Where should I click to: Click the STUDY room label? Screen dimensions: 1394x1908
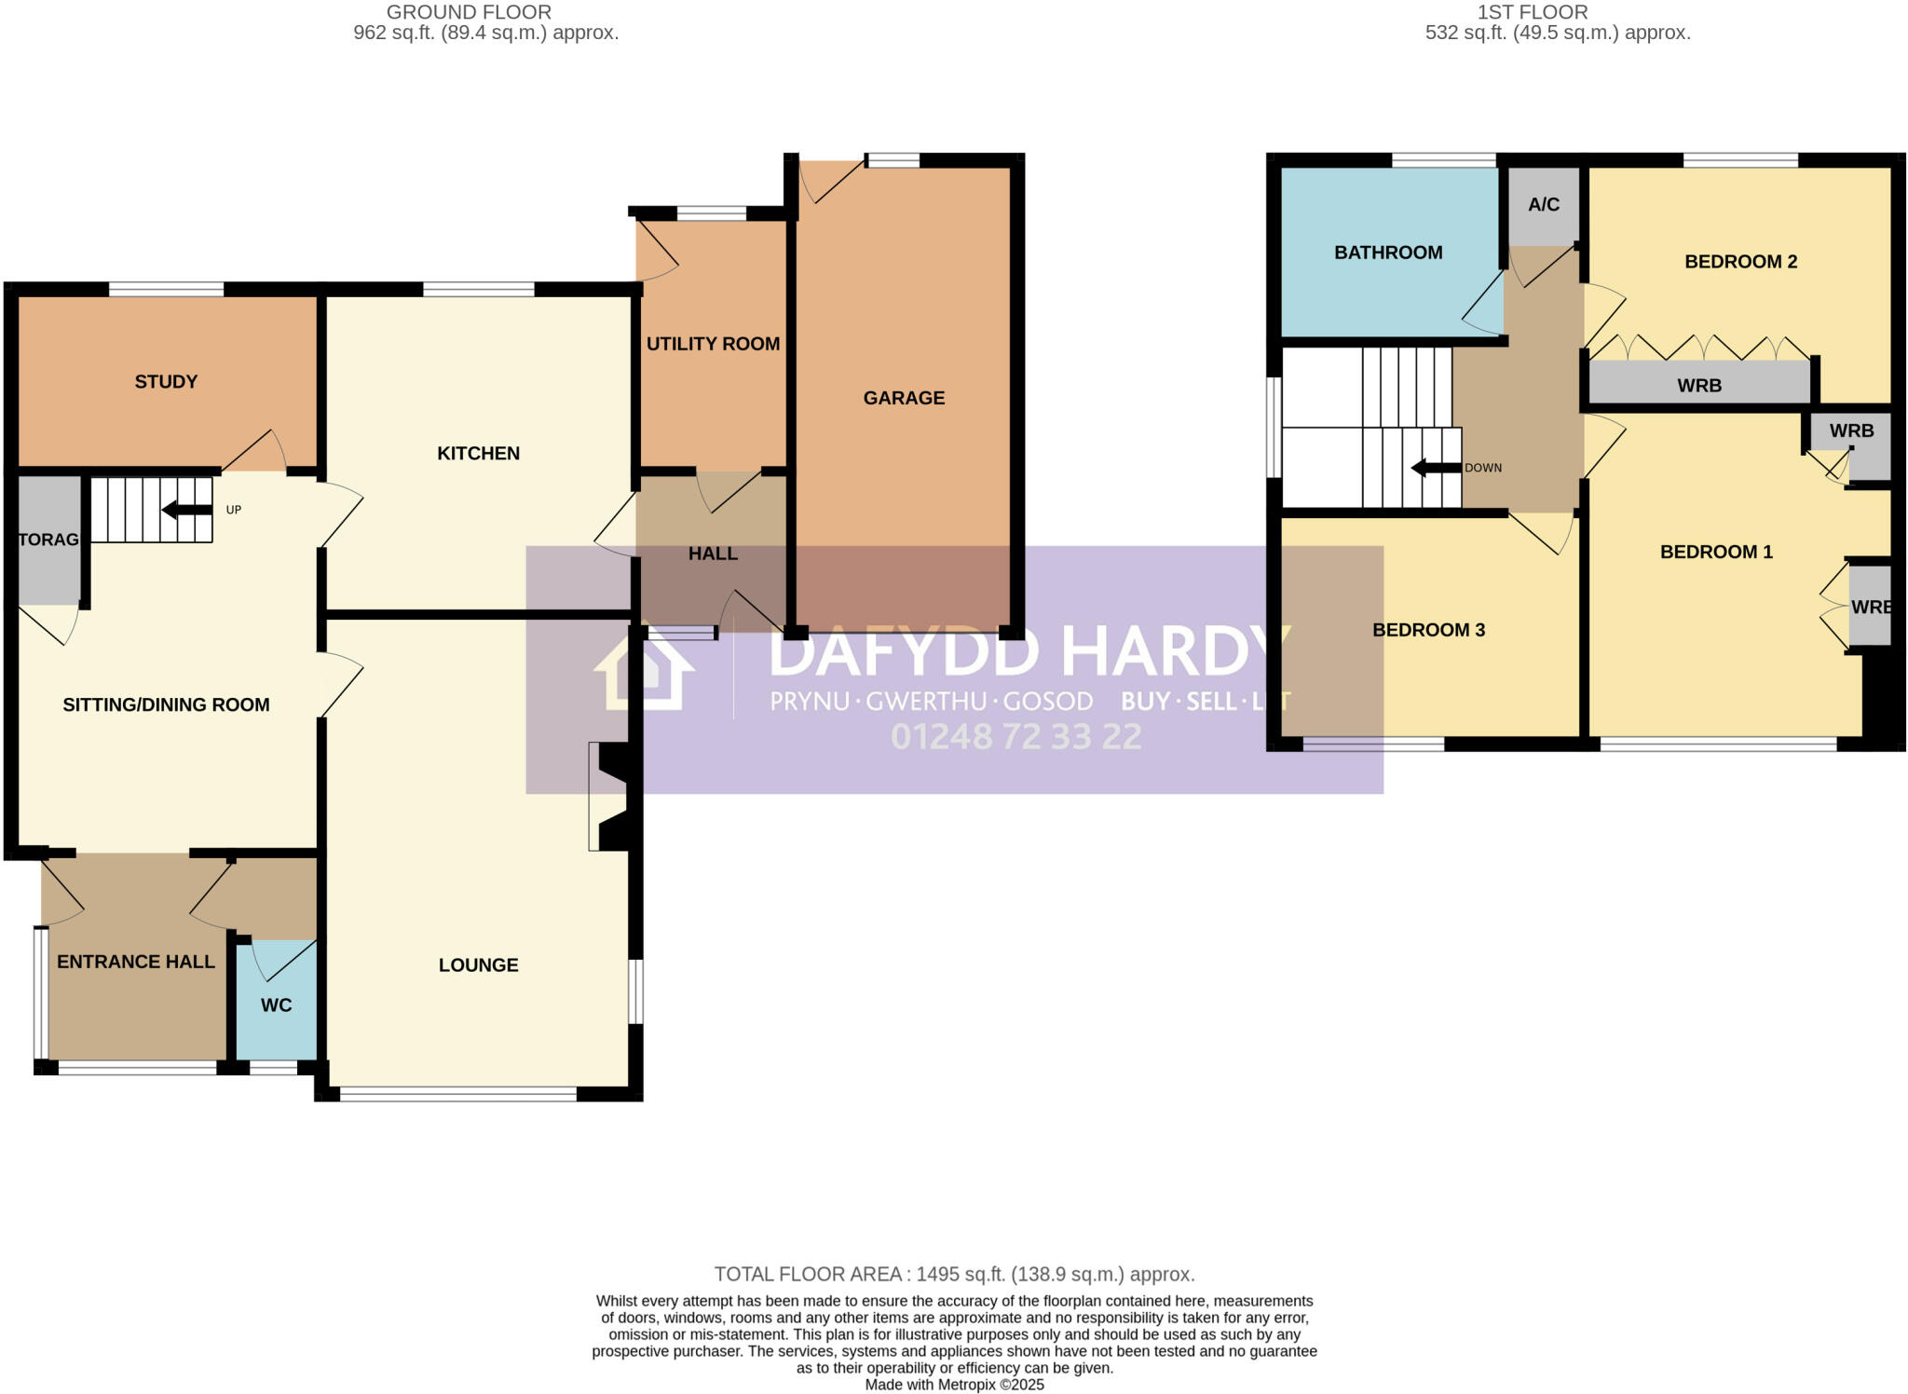tap(166, 382)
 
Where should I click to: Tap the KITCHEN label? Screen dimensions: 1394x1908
tap(478, 454)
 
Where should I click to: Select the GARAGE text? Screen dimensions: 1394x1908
tap(904, 398)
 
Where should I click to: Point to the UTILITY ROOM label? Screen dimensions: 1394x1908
tap(713, 344)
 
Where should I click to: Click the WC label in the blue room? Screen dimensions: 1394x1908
tap(276, 1005)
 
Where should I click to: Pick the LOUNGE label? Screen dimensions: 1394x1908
tap(478, 965)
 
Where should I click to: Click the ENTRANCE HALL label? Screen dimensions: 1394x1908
tap(136, 962)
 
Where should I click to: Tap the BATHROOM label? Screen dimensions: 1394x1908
tap(1387, 253)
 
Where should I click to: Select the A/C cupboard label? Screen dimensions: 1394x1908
tap(1543, 205)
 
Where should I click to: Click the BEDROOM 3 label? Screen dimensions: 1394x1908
tap(1428, 630)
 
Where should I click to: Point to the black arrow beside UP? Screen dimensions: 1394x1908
tap(187, 510)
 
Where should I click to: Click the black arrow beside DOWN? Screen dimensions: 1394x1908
tap(1435, 468)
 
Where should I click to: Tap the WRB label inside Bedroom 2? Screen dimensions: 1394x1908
tap(1698, 386)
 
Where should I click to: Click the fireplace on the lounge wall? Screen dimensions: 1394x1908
tap(610, 797)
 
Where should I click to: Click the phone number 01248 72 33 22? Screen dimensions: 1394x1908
tap(1015, 737)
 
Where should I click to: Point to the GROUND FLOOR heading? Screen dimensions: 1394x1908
tap(469, 12)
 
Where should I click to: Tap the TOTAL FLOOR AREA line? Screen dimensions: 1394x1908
tap(954, 1274)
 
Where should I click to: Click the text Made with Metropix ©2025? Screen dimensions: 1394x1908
tap(954, 1385)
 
